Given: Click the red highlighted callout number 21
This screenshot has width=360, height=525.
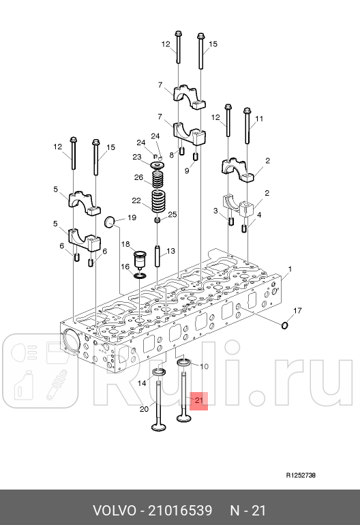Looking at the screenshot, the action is [x=199, y=400].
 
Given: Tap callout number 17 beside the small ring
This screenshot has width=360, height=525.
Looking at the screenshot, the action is [x=297, y=311].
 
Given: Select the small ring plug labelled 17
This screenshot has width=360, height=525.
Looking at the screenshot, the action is [x=284, y=325].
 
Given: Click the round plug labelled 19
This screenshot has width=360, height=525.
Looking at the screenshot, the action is [x=110, y=222].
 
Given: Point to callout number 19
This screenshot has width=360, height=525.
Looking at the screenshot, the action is [x=132, y=217].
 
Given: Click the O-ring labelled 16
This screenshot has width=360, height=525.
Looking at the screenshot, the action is [x=139, y=275].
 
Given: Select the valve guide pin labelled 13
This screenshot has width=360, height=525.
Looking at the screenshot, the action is [x=157, y=257].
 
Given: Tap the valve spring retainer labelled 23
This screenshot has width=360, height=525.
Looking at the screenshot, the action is [x=158, y=166].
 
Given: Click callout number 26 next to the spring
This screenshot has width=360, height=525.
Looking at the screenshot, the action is [x=138, y=177].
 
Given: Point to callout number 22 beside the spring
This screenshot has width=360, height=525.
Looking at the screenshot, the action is [x=136, y=200].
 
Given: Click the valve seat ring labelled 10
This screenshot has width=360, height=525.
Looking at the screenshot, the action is [x=184, y=363].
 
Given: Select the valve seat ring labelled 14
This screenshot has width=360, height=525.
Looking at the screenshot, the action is [x=160, y=372].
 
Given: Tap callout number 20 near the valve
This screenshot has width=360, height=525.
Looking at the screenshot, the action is [x=144, y=409].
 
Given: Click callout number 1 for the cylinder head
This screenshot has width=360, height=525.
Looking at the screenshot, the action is [x=290, y=269].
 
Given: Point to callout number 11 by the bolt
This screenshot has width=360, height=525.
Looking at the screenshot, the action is [x=259, y=119].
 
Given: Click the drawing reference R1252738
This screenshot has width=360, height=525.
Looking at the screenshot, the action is [x=301, y=475].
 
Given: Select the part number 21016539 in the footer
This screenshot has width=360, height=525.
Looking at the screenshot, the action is [x=180, y=511].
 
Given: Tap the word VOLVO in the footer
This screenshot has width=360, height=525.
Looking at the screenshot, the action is [x=115, y=511].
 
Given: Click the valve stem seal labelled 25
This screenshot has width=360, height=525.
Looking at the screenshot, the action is [x=157, y=220].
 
